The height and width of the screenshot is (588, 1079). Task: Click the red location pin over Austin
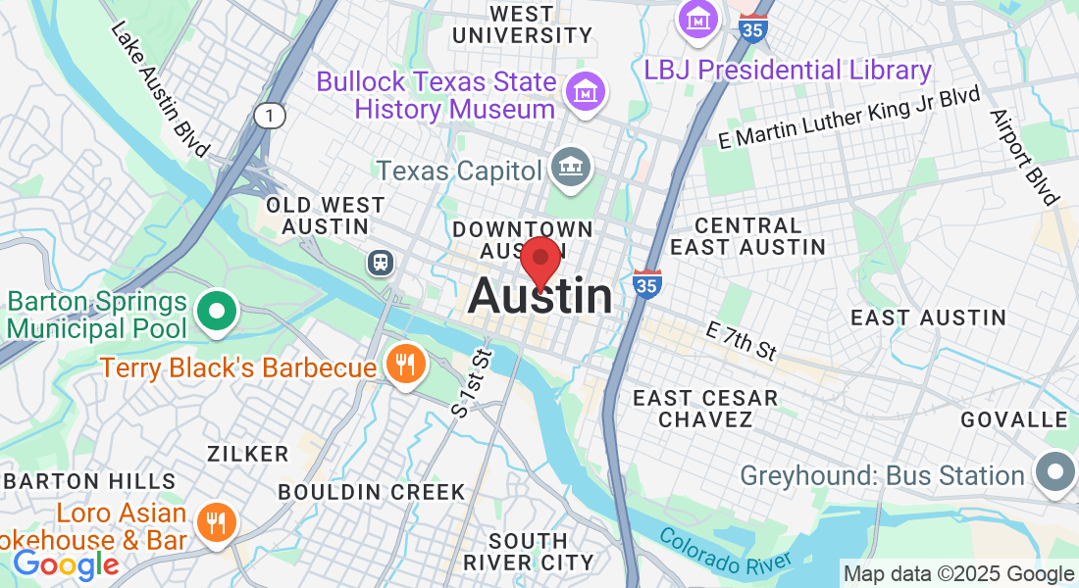pos(539,260)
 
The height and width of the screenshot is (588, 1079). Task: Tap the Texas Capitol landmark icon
pos(569,168)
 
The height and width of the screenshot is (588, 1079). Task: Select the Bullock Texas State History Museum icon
pos(587,92)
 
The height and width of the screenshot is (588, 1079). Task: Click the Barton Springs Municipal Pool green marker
pos(216,313)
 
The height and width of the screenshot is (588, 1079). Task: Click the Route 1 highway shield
pos(270,116)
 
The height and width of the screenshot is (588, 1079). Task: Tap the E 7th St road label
pos(741,340)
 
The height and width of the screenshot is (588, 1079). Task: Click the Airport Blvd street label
pos(1024,157)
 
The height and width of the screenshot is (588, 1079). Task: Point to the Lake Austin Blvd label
pos(160,88)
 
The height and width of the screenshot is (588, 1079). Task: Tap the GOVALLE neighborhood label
pos(1013,419)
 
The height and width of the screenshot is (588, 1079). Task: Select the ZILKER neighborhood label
pos(248,454)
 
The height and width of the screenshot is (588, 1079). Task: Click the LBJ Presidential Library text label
pos(788,71)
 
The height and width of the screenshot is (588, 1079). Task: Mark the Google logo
pos(66,564)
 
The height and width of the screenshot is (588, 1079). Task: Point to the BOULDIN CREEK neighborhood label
pos(372,491)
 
